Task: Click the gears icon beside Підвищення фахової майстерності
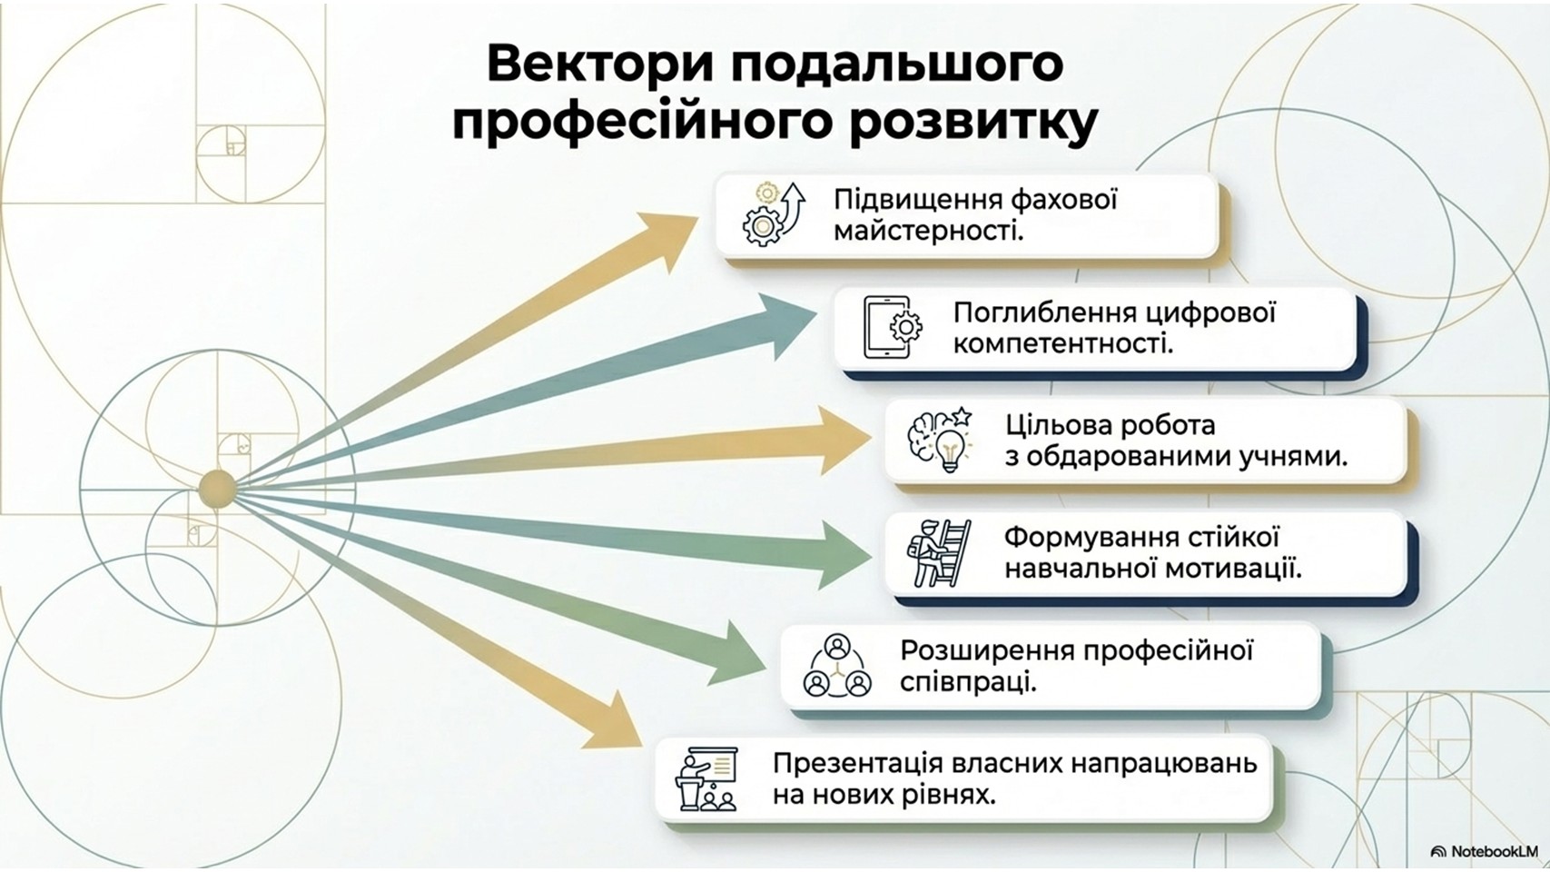773,214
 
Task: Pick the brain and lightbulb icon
941,441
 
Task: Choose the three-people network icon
836,667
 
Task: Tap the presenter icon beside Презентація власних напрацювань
707,779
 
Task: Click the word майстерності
928,231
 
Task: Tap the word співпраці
968,681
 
